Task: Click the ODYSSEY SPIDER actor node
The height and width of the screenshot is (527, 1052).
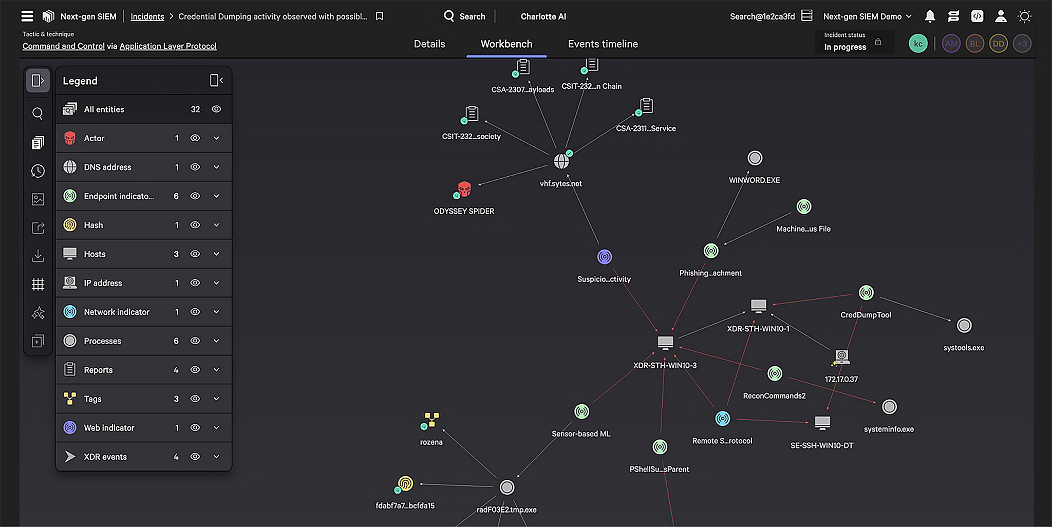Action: pos(464,190)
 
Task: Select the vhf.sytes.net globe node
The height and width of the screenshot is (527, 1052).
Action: pos(561,161)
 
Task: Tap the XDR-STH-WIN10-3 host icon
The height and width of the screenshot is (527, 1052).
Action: pos(665,342)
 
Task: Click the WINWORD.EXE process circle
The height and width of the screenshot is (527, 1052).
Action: pos(755,158)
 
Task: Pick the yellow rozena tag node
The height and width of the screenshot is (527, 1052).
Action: pos(431,420)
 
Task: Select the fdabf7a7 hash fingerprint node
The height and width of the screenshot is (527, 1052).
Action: pos(405,483)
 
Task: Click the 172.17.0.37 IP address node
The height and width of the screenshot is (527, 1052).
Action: pos(841,356)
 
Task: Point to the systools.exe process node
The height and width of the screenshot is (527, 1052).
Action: pos(964,326)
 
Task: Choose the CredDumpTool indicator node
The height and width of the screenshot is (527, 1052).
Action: pos(866,293)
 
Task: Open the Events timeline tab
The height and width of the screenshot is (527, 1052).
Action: pos(603,44)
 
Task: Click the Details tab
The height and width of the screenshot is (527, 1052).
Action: pos(429,44)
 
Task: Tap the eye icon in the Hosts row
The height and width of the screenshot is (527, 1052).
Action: pos(195,254)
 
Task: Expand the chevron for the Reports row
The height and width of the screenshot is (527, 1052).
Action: pos(216,370)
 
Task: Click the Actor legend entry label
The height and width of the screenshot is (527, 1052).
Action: pos(94,138)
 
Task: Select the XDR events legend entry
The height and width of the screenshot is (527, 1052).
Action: pos(105,457)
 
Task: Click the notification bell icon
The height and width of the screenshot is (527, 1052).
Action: pos(930,16)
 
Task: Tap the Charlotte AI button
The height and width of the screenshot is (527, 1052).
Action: pos(543,16)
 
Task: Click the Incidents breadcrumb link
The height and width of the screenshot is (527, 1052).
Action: pos(147,16)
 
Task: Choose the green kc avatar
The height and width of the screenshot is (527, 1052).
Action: pos(918,44)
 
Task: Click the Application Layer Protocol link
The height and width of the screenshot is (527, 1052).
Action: pos(168,46)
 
